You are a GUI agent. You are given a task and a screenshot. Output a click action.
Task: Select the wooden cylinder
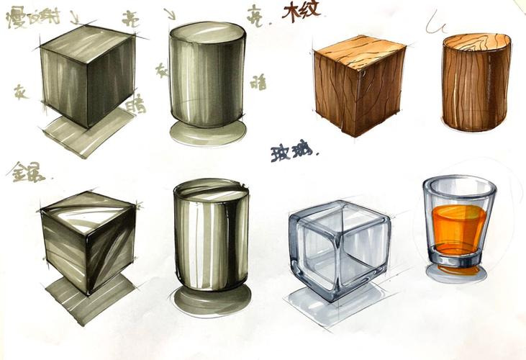476,81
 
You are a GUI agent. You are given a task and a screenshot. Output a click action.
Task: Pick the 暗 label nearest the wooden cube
258,81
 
